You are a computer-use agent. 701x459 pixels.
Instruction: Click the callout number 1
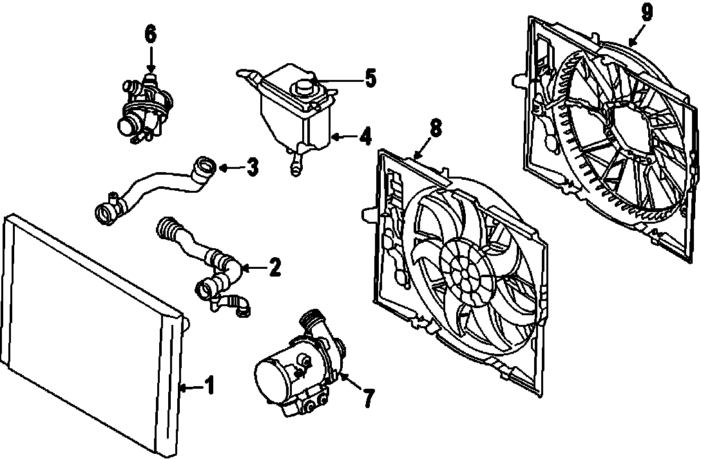point(209,387)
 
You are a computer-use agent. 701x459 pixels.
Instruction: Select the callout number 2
point(274,267)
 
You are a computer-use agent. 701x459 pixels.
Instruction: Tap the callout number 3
point(253,168)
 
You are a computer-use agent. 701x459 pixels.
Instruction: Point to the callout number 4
point(365,137)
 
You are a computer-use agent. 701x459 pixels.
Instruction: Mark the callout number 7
point(368,398)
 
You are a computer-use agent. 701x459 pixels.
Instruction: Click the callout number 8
point(436,128)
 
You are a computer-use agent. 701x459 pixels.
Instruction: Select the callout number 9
point(647,12)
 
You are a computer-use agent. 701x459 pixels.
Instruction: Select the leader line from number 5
point(338,80)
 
